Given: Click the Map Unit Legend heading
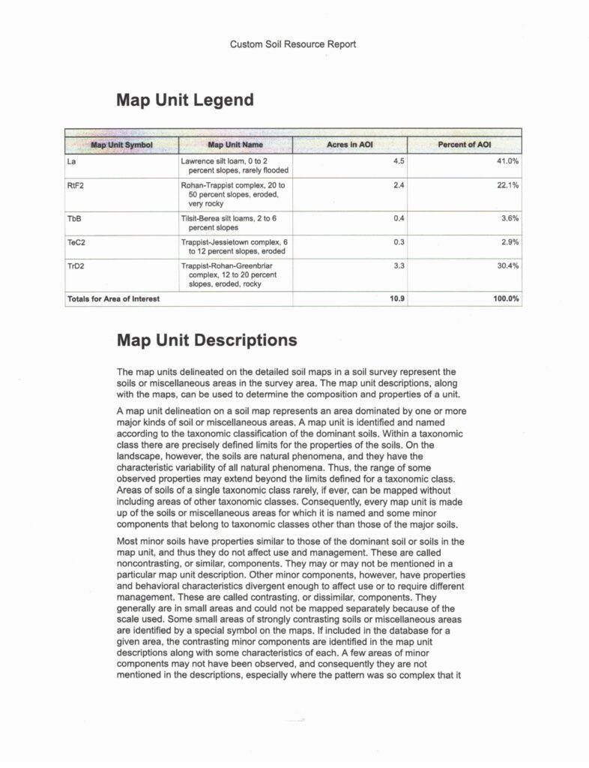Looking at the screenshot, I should (185, 100).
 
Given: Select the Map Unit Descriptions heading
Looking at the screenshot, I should (206, 340).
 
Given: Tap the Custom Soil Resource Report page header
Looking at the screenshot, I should (293, 44).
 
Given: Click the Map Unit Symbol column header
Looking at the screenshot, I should (121, 144).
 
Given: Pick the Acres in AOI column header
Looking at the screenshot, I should (348, 144).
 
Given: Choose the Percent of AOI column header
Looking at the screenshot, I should (465, 144).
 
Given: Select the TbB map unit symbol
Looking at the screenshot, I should (73, 218).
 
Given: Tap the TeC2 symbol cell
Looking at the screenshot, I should (76, 243).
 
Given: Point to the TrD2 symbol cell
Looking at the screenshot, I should (76, 266).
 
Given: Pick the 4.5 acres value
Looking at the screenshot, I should (399, 161).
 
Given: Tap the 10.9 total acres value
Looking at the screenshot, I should (398, 299).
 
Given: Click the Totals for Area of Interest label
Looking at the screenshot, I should (113, 299).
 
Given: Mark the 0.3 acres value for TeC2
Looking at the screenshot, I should (399, 243).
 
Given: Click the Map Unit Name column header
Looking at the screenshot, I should (235, 144).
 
